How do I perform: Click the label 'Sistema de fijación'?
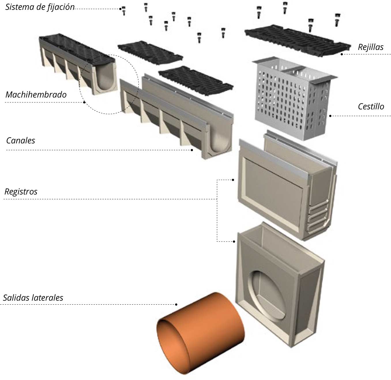40,7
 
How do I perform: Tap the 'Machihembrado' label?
36,95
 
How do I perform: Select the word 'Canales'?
21,141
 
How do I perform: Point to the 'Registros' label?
21,192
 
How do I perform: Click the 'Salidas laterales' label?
33,298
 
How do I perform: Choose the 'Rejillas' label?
371,47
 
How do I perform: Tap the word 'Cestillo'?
371,106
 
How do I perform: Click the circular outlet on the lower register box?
267,296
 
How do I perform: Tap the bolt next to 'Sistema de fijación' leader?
124,10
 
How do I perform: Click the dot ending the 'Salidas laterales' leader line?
176,304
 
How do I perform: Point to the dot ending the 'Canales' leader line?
192,150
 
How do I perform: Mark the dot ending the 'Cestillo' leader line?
330,116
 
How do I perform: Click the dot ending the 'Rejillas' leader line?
342,54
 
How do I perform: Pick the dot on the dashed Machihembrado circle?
84,102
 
